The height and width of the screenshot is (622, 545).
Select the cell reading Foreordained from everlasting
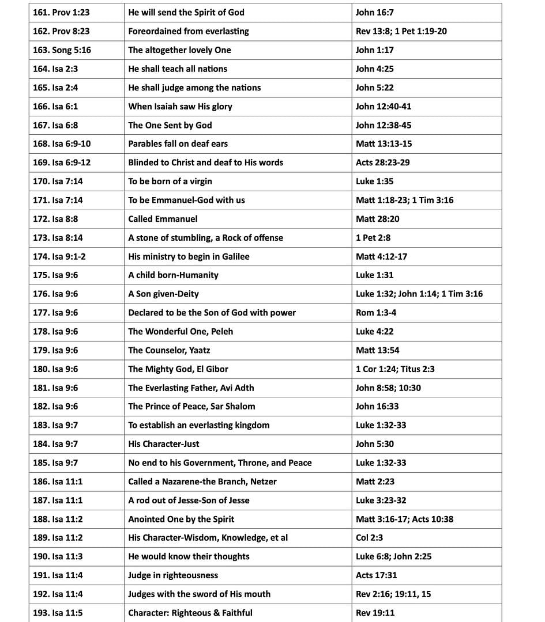tap(188, 31)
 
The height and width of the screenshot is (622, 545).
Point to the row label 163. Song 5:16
tap(62, 50)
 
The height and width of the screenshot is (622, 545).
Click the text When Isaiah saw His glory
tap(180, 107)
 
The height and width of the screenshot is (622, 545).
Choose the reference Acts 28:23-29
tap(382, 162)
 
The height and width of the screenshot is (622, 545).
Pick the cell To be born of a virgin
tap(170, 181)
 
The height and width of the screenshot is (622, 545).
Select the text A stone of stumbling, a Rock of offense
tap(205, 238)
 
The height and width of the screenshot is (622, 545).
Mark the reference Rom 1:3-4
tap(375, 313)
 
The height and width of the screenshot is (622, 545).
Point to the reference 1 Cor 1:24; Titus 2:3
tap(395, 369)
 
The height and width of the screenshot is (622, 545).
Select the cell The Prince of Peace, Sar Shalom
tap(191, 407)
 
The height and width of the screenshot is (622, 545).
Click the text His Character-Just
tap(163, 444)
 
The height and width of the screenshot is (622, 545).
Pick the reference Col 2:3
tap(369, 538)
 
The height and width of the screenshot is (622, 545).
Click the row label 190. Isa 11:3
tap(58, 556)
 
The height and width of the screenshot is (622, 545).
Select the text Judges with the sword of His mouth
tap(199, 594)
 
